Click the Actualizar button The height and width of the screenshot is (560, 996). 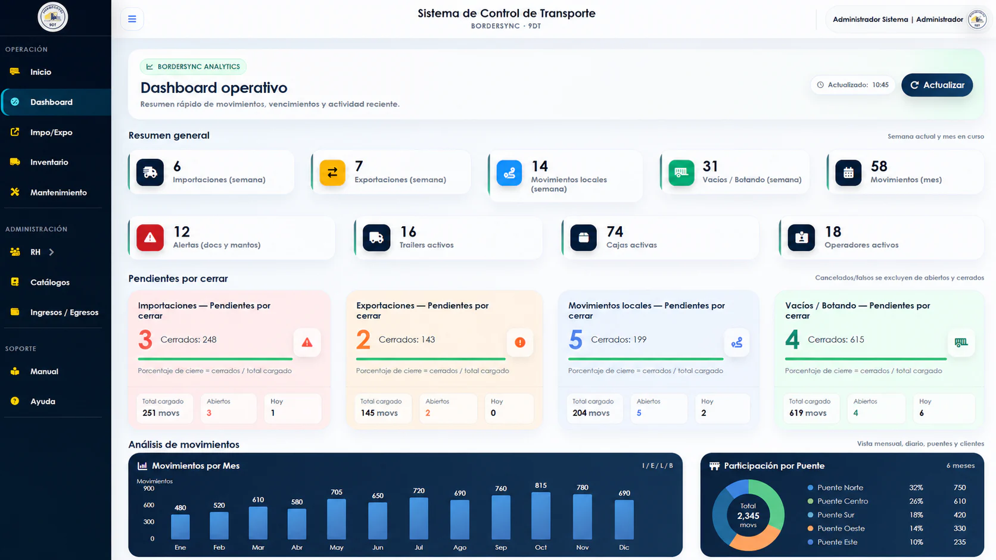[937, 85]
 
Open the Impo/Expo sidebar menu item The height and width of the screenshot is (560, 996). [51, 132]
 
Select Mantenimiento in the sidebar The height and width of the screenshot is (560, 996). [58, 192]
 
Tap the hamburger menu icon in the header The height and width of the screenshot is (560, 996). [132, 19]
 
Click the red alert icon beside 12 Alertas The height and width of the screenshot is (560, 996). [150, 237]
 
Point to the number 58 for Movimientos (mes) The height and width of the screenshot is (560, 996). [879, 166]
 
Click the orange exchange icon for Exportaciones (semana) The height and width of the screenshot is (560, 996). [332, 173]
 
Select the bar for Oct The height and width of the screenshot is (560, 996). [541, 515]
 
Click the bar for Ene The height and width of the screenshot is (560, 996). [180, 527]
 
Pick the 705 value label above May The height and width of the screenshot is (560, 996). [337, 492]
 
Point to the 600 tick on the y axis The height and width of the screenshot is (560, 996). [148, 505]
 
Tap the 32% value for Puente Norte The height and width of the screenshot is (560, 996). [916, 487]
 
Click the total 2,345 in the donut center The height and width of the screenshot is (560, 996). [748, 515]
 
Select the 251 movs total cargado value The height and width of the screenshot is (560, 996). [160, 413]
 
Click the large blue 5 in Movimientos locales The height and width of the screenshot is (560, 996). [575, 340]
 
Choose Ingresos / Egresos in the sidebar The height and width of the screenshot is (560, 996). [64, 312]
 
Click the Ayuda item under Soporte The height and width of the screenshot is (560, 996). [43, 402]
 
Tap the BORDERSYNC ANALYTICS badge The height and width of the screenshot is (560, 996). [193, 67]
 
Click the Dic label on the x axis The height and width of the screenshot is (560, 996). [624, 548]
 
